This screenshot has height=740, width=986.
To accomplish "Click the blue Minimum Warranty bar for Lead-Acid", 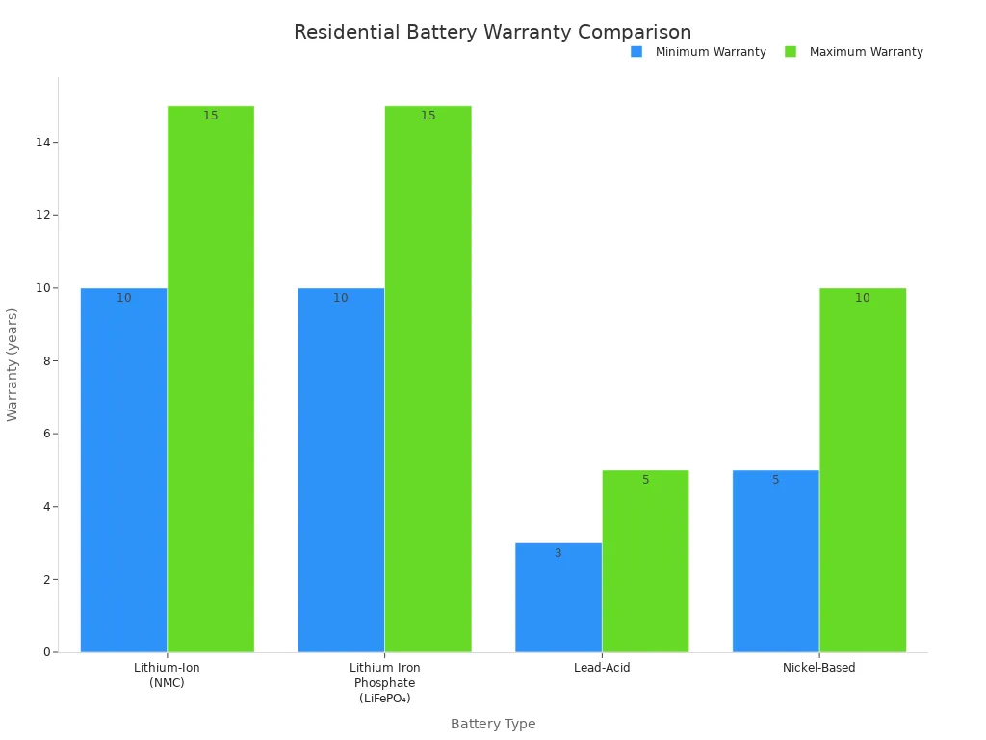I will (558, 597).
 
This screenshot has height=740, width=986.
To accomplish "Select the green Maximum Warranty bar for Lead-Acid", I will (645, 561).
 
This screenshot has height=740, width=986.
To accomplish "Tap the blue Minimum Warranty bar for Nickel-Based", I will (775, 561).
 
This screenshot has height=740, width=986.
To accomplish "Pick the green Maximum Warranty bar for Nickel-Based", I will (863, 470).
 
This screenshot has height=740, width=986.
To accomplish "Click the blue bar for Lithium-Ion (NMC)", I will (123, 470).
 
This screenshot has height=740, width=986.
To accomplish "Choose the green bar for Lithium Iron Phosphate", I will (428, 379).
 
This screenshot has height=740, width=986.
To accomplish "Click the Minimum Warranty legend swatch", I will (636, 52).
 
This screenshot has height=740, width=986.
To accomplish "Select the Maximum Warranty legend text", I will (866, 52).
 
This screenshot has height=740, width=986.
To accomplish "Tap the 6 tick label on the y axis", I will (46, 434).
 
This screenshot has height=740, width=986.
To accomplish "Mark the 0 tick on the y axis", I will (46, 652).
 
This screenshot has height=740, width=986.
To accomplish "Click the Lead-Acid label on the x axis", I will (602, 668).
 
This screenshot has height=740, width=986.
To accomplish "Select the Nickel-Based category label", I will (818, 668).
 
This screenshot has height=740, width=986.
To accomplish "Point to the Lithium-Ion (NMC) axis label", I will (167, 674).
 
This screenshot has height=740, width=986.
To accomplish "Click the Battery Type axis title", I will (493, 724).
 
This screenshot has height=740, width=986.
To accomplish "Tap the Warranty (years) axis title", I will (13, 364).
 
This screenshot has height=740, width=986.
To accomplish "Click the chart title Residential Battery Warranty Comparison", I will (492, 33).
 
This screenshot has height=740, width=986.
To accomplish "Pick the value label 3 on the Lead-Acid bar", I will (558, 553).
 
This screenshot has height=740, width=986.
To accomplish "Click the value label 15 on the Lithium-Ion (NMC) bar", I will (210, 116).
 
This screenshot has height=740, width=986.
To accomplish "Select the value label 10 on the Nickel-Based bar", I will (862, 298).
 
